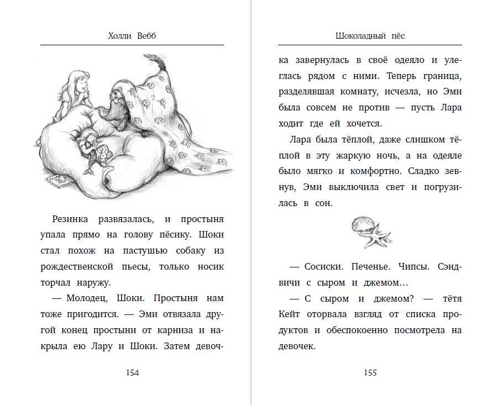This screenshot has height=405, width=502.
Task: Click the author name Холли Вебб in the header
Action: click(132, 35)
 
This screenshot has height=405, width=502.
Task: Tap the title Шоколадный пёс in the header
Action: click(370, 35)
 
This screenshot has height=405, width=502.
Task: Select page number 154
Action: click(132, 372)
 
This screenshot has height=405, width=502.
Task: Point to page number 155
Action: click(370, 372)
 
